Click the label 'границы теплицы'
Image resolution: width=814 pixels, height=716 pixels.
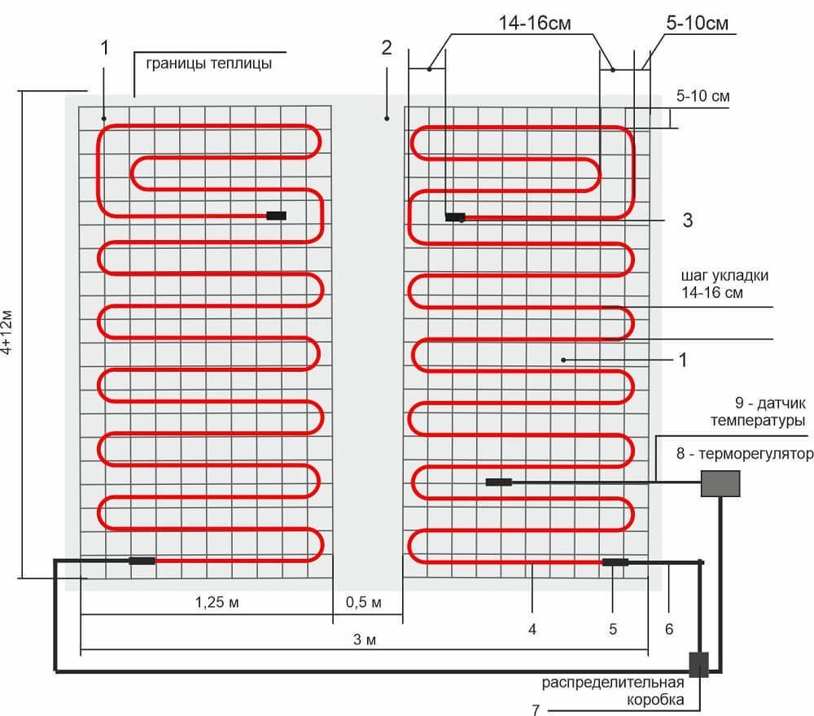pyautogui.click(x=208, y=63)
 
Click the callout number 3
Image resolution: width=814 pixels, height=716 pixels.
pyautogui.click(x=687, y=220)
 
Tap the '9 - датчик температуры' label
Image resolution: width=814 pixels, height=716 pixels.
pyautogui.click(x=758, y=411)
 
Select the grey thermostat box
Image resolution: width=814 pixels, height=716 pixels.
pyautogui.click(x=721, y=484)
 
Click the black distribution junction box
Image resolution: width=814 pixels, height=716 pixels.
pyautogui.click(x=699, y=664)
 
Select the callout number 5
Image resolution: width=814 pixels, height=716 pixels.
pyautogui.click(x=613, y=628)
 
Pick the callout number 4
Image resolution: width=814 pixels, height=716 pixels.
pyautogui.click(x=532, y=628)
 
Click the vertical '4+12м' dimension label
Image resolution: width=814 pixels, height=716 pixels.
pyautogui.click(x=7, y=334)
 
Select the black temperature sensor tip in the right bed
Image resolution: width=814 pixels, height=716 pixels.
pyautogui.click(x=498, y=482)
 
